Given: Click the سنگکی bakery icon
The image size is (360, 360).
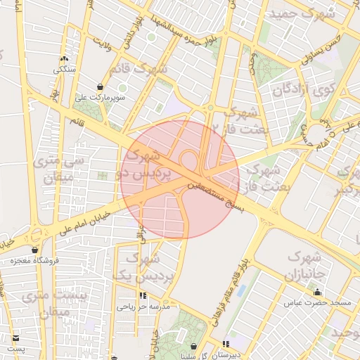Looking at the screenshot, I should [x=64, y=59].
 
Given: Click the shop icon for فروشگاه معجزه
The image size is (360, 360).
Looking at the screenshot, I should [x=35, y=250].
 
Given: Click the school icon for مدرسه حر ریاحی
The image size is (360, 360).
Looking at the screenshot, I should [x=143, y=296].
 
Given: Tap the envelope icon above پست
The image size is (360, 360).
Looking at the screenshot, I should [x=16, y=338].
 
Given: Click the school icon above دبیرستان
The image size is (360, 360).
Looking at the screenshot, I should [x=226, y=344].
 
